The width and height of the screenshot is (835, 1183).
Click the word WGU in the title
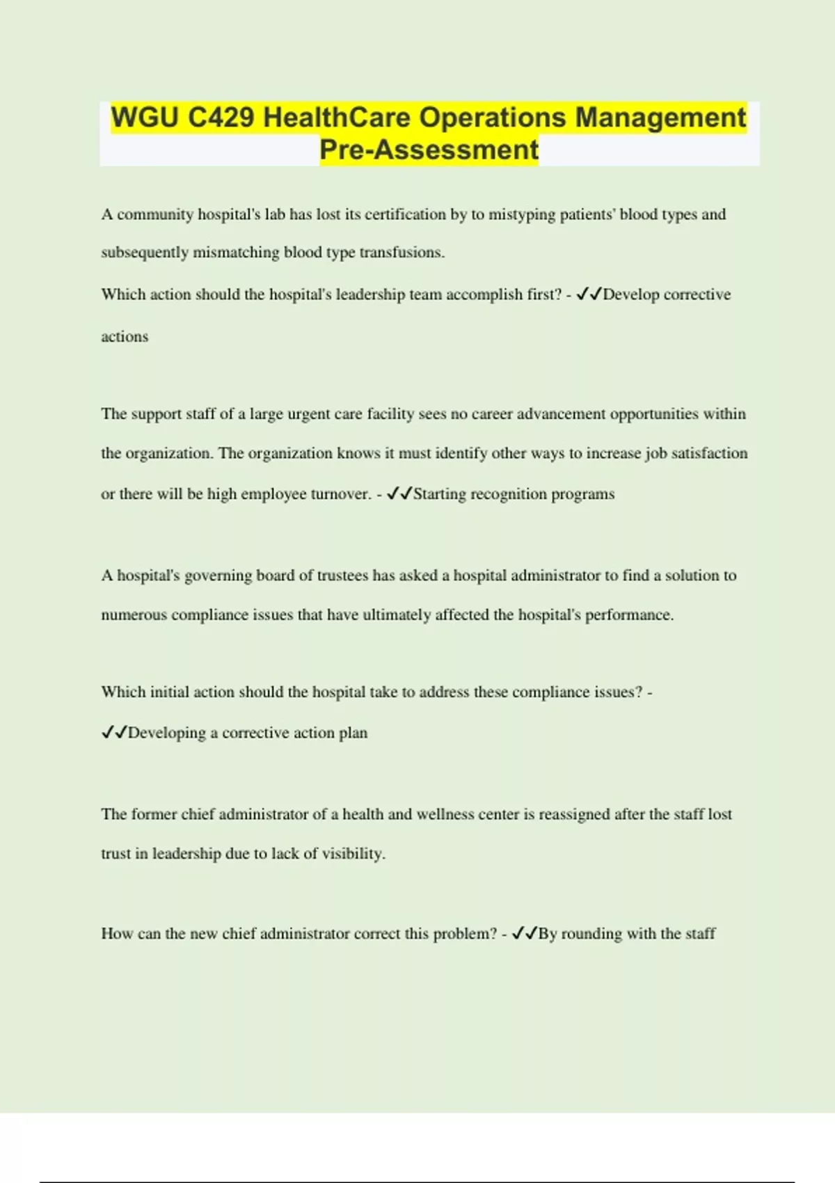tap(145, 118)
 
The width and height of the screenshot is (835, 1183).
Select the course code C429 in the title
tap(221, 118)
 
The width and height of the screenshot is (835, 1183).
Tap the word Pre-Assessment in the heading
tap(429, 150)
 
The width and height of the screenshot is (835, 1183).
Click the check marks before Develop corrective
tap(589, 294)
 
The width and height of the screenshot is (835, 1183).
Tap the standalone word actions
tap(125, 337)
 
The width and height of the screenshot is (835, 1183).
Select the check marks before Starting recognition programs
tap(399, 494)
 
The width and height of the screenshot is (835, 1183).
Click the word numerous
tap(134, 615)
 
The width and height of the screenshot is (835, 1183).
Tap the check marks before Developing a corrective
tap(114, 733)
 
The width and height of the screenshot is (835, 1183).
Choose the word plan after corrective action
tap(353, 733)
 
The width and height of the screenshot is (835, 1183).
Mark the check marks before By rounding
tap(524, 934)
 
